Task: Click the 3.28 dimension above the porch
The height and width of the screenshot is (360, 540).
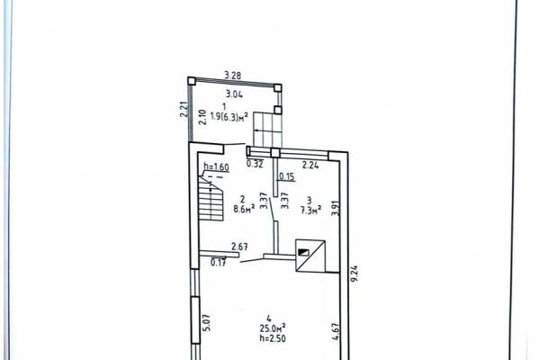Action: (233, 75)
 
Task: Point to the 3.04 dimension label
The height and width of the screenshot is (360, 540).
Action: (234, 94)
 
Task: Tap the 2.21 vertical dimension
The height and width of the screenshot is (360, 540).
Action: (184, 109)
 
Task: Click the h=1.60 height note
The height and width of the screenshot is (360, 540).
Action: (216, 167)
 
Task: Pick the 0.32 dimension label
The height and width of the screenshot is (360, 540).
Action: (255, 164)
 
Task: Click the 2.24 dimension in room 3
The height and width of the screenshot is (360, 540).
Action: (310, 165)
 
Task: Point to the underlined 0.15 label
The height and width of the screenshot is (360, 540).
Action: (287, 176)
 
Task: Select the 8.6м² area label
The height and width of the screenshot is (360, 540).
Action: (244, 209)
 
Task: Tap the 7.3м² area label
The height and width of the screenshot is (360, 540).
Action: (311, 210)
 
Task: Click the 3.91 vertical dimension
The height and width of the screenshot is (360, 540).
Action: (336, 209)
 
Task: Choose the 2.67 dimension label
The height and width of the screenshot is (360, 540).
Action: (239, 247)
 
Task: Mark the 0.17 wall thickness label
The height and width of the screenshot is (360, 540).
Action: (219, 263)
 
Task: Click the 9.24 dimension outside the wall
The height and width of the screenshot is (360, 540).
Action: (355, 274)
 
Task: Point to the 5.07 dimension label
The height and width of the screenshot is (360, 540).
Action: (206, 323)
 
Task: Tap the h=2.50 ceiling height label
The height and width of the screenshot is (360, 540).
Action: (273, 338)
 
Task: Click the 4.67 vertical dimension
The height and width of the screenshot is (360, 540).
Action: (336, 331)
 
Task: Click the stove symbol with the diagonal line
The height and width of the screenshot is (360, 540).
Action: (310, 256)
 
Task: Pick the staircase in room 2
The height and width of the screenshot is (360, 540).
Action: (211, 198)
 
